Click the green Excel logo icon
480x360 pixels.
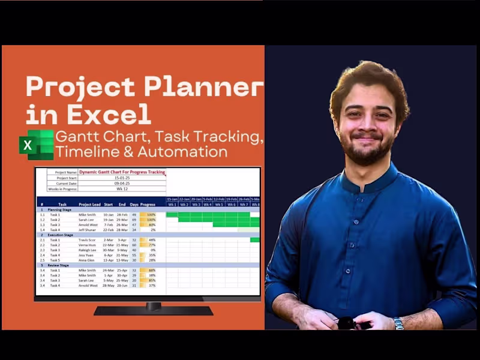pyautogui.click(x=36, y=145)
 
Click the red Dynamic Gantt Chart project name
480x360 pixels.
pyautogui.click(x=122, y=172)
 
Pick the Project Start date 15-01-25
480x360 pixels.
pyautogui.click(x=122, y=178)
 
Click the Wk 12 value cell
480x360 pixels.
pyautogui.click(x=122, y=189)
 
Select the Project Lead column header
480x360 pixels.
pyautogui.click(x=89, y=204)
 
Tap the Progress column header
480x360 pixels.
pyautogui.click(x=148, y=204)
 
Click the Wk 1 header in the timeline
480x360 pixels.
pyautogui.click(x=172, y=204)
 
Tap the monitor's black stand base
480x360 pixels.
pyautogui.click(x=154, y=311)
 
